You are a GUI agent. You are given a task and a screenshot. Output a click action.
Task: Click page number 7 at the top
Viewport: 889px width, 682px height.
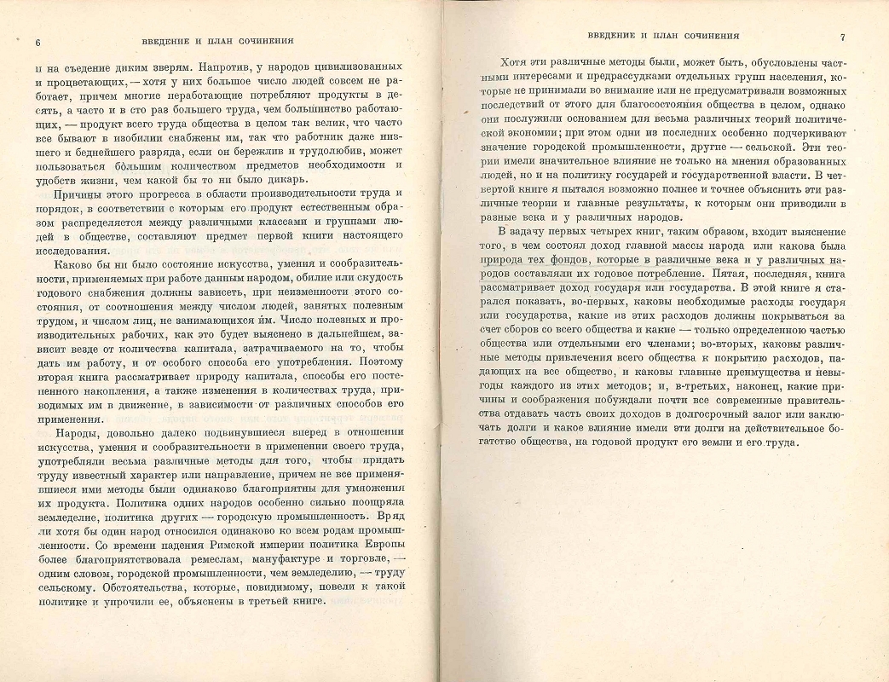tap(841, 37)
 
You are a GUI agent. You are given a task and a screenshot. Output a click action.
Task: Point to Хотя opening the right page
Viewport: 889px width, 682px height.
tap(511, 62)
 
